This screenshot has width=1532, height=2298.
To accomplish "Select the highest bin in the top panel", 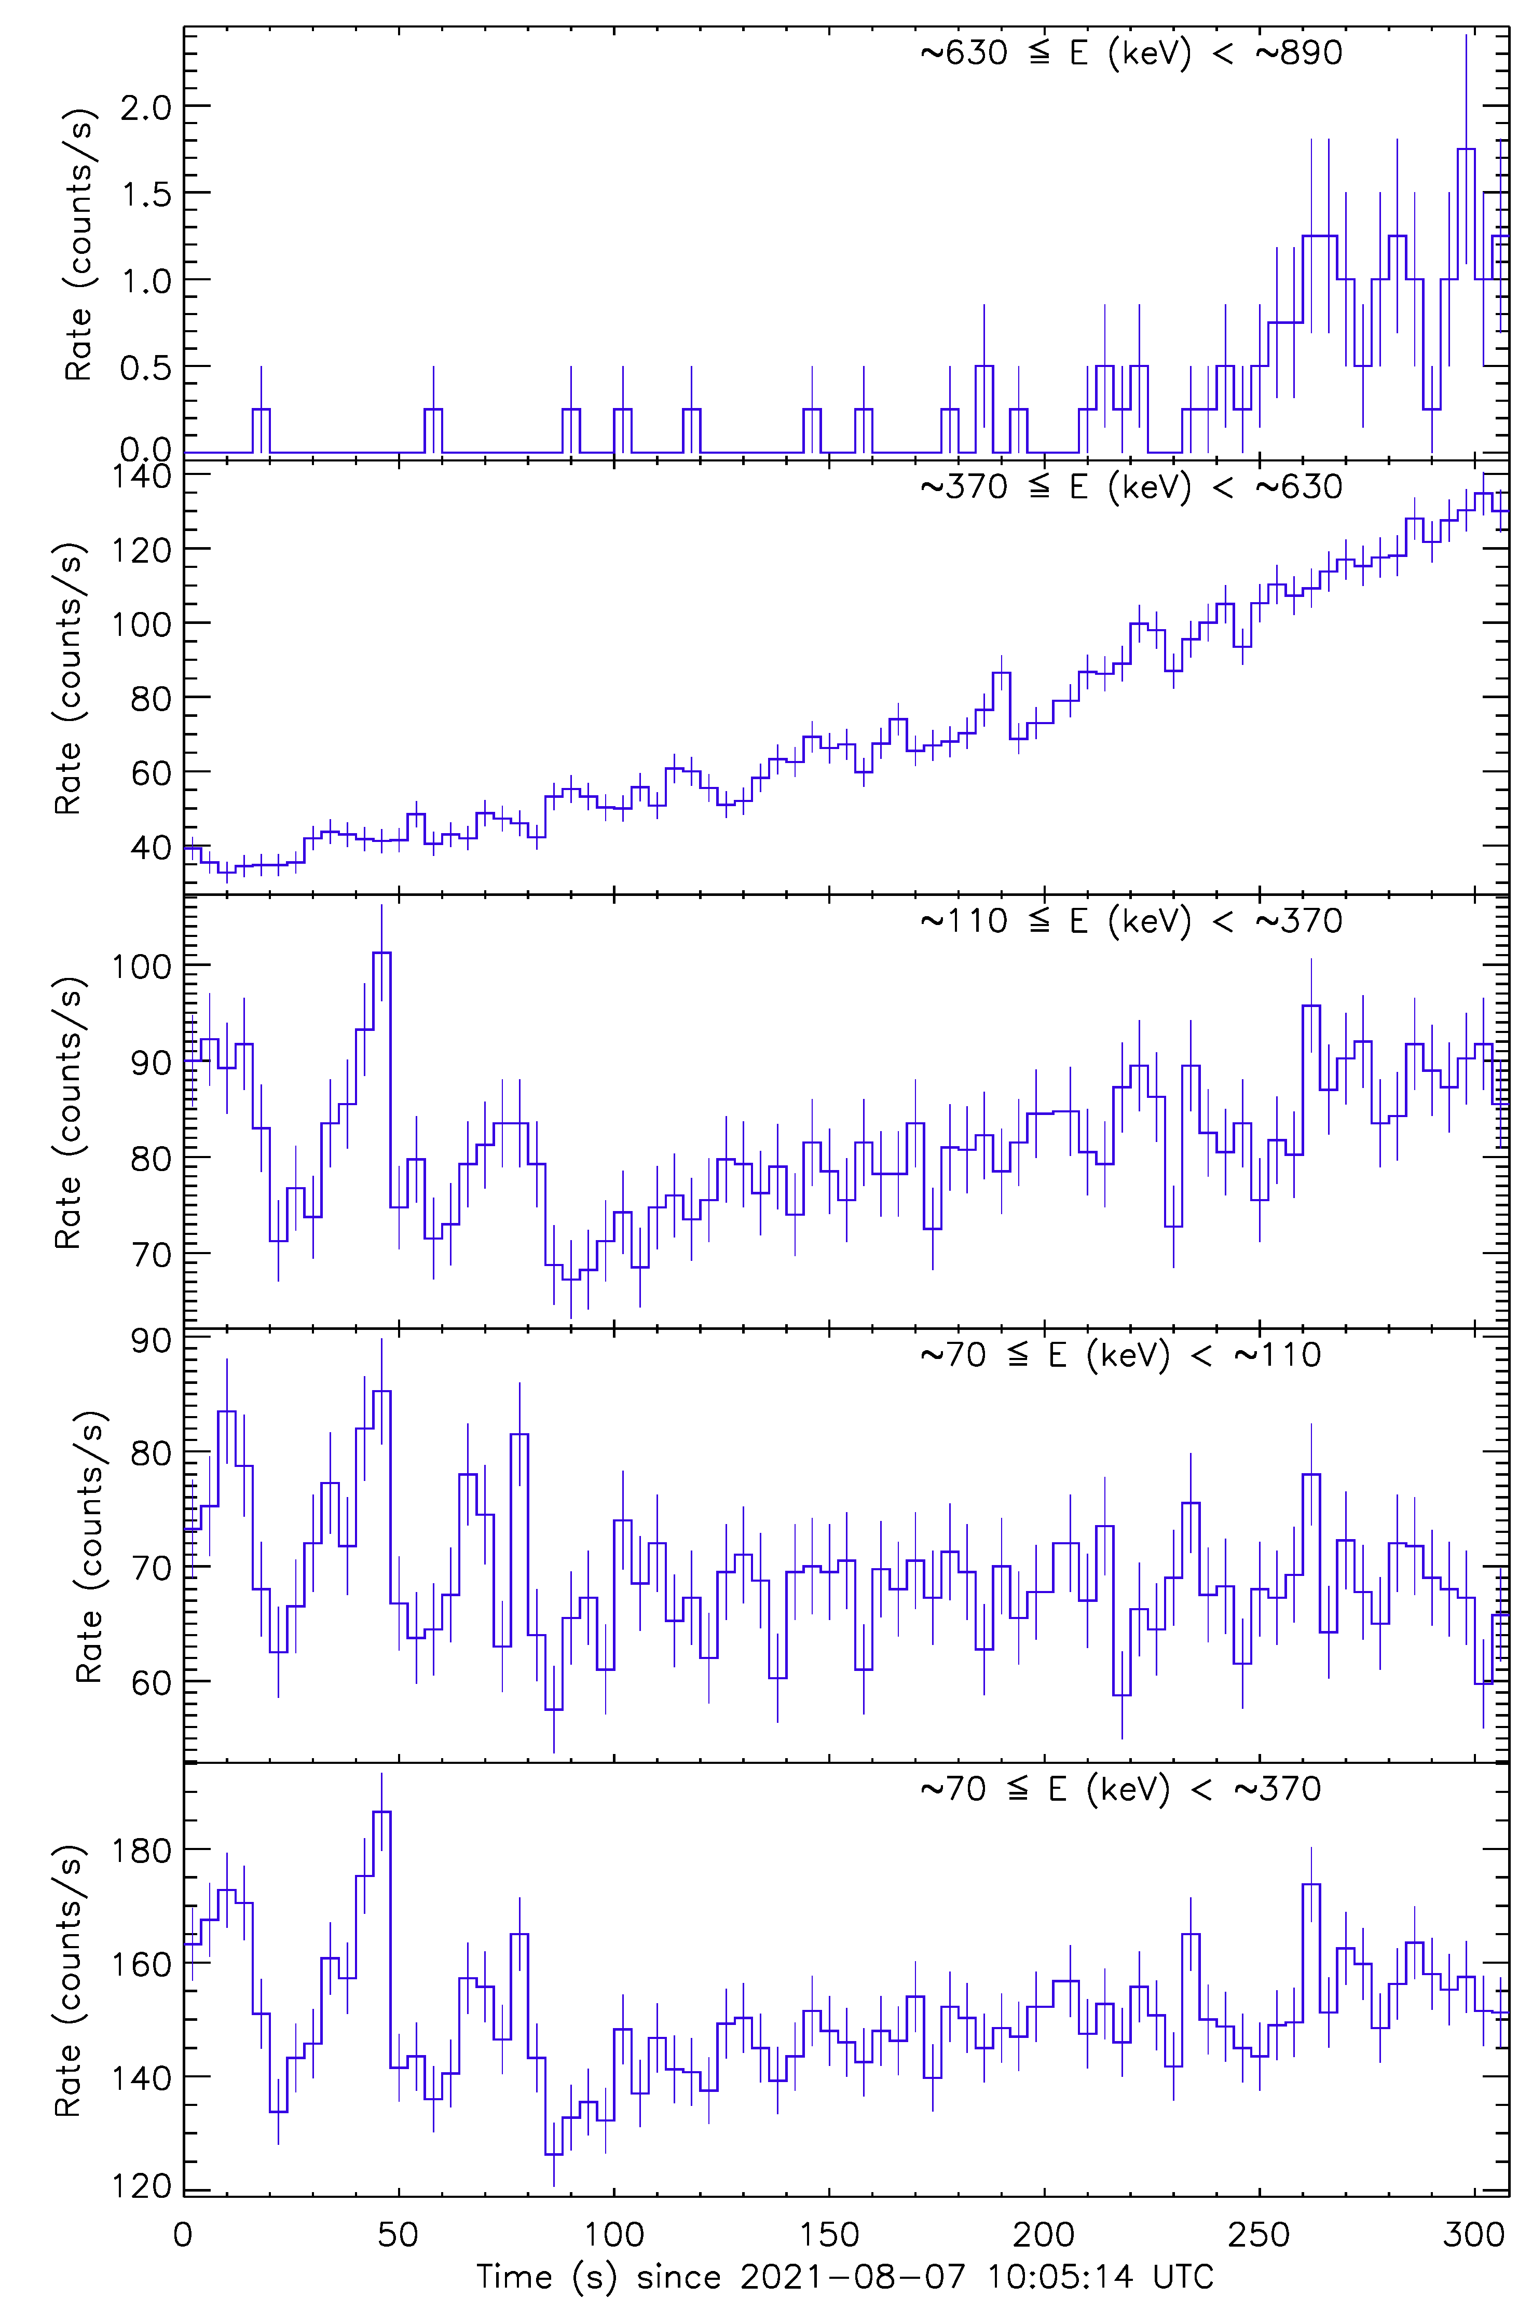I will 1466,149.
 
